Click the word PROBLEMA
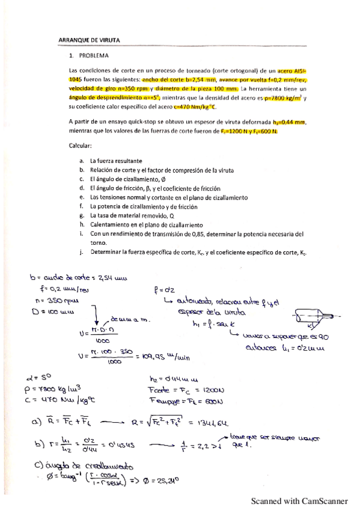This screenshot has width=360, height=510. [93, 56]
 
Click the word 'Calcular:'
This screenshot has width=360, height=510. [81, 145]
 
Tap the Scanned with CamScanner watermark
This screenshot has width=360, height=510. [299, 500]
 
